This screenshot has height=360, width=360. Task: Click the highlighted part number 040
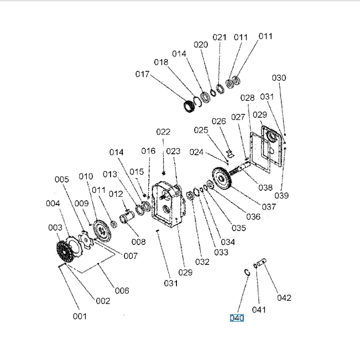[237, 318]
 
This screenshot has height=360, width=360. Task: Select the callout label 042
[284, 298]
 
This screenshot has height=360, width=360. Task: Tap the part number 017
[142, 74]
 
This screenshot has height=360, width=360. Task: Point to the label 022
[163, 132]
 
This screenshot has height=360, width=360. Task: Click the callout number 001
[80, 316]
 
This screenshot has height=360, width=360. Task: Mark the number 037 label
[269, 207]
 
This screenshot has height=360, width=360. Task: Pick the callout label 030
[279, 78]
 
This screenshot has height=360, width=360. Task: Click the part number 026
[219, 122]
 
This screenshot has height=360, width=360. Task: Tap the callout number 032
[202, 262]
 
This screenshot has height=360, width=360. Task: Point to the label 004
[53, 204]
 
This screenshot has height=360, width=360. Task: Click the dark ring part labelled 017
[191, 105]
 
